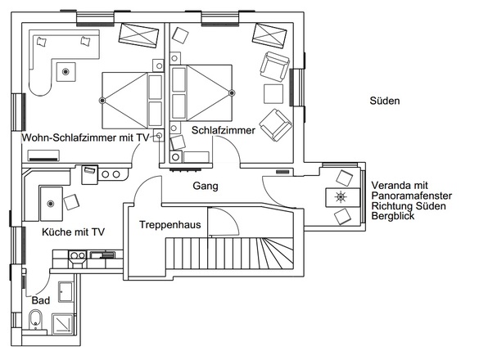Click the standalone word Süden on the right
pos(384,102)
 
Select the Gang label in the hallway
pos(205,186)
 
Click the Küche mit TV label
pos(73,232)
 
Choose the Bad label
pos(40,300)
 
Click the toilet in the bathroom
pos(34,326)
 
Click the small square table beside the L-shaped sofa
pos(65,71)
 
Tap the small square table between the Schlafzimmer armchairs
pos(269,92)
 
